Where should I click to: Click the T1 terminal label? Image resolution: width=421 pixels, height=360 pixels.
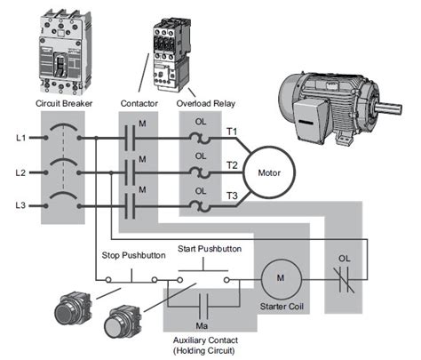(x=232, y=132)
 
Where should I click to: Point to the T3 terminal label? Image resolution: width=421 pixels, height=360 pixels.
(x=232, y=196)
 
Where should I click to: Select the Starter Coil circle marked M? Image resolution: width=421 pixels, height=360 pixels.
(x=280, y=278)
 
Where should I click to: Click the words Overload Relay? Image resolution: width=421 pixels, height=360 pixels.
(x=204, y=104)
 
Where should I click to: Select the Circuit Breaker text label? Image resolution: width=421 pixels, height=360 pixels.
(x=64, y=104)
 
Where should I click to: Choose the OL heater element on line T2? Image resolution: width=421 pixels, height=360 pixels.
(x=203, y=172)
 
